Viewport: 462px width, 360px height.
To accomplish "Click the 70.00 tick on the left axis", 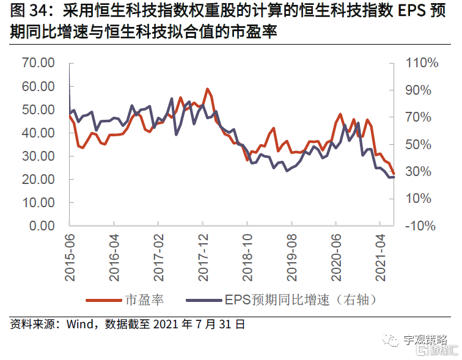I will (x=38, y=63).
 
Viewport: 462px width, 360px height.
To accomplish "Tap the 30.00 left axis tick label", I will (x=38, y=156).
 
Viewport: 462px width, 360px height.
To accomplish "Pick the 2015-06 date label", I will (x=70, y=257).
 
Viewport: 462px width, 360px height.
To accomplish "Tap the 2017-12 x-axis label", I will (x=204, y=257).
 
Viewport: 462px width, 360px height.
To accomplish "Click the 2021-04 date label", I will (x=381, y=257).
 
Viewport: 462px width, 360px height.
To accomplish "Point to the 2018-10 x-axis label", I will (x=248, y=257).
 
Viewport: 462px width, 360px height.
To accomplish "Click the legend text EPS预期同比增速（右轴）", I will (x=299, y=299).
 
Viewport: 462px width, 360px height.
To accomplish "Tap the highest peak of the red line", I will (x=208, y=89).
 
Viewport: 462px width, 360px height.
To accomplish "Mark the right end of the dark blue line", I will (x=394, y=177).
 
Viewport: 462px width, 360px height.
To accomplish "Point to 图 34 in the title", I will (x=26, y=11).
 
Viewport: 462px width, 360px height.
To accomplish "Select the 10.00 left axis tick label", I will (x=38, y=202).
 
